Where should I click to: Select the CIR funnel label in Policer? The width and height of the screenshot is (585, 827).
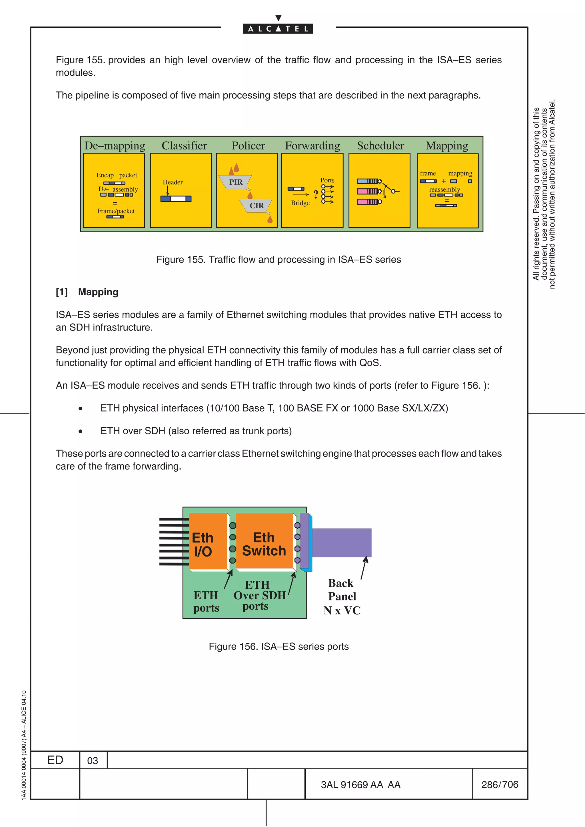coord(257,206)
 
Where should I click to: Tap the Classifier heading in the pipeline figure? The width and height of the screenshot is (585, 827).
coord(184,146)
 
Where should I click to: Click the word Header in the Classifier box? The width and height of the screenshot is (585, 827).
coord(173,182)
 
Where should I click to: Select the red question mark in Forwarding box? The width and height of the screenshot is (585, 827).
coord(316,195)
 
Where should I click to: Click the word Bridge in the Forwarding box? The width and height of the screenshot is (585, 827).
coord(300,203)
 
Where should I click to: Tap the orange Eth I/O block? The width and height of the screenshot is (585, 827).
coord(208,541)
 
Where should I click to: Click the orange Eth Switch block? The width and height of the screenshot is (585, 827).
coord(264,541)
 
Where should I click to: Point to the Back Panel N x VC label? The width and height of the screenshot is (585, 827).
coord(342,596)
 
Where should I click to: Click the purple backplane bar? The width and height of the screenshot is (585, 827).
coord(341,543)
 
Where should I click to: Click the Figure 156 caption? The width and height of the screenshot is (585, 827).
coord(279,647)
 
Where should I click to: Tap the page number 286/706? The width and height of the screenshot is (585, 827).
coord(500,784)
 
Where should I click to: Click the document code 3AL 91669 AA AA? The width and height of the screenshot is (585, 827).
coord(360,785)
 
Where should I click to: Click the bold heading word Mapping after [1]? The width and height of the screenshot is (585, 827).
coord(98,292)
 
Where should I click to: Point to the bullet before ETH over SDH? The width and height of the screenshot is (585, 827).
coord(80,431)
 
